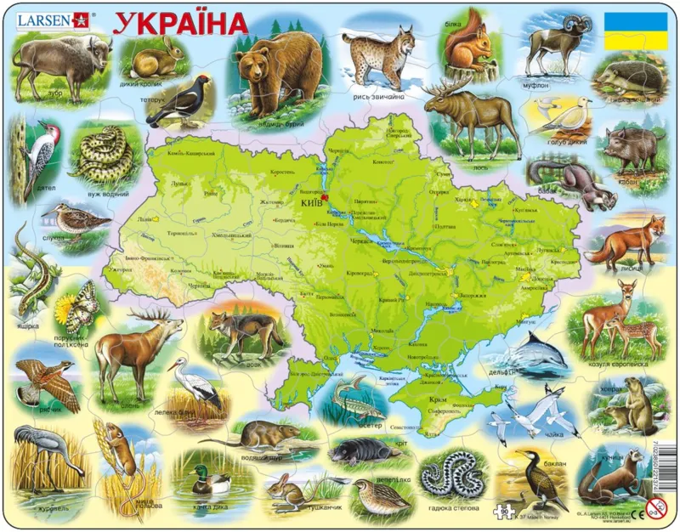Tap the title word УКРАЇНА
(x=180, y=21)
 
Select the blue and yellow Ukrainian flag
(x=636, y=31)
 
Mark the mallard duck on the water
(x=209, y=480)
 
